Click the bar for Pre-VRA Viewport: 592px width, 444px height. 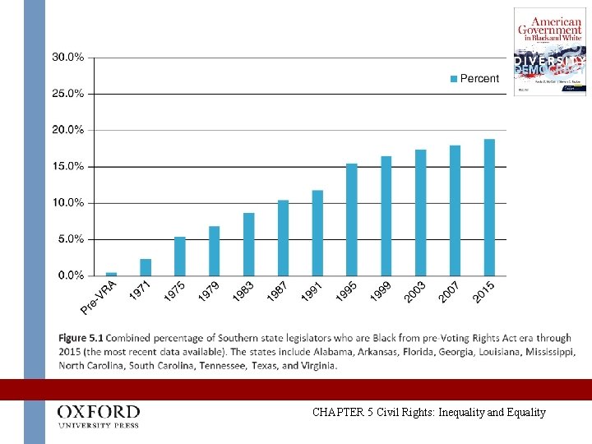[x=111, y=274]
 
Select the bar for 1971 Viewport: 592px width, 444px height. [x=146, y=267]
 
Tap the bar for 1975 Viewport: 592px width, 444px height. [x=180, y=256]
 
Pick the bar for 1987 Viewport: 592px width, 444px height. [x=283, y=238]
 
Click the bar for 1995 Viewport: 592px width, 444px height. [x=352, y=220]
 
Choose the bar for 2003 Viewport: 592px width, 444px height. [x=420, y=212]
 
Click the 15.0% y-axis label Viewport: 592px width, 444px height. [x=68, y=166]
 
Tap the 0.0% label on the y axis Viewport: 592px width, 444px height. [x=70, y=275]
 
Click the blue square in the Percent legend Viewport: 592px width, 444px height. [x=453, y=79]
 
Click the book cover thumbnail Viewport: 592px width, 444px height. [x=550, y=52]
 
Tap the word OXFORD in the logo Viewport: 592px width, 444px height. [x=98, y=411]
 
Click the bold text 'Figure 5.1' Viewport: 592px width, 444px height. [x=81, y=337]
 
